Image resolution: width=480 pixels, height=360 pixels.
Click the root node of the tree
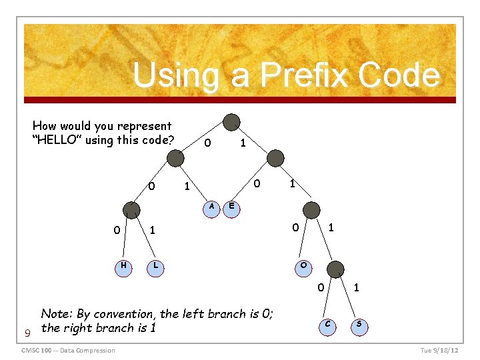[231, 122]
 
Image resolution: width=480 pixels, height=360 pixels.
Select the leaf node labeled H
[123, 266]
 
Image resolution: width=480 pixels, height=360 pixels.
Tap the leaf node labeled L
[155, 266]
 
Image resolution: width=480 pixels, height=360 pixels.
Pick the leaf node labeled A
[211, 207]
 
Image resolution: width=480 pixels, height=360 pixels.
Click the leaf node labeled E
[231, 207]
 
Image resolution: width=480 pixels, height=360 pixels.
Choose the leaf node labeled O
[303, 266]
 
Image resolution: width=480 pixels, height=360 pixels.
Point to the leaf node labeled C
[327, 325]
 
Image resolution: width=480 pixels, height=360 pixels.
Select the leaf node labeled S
[359, 325]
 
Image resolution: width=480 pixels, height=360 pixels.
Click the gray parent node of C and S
[337, 269]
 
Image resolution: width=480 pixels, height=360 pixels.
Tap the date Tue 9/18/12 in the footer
[439, 351]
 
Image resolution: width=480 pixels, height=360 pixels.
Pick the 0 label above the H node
[117, 231]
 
